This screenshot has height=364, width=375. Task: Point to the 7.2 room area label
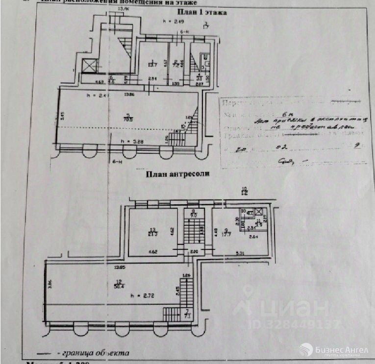pyautogui.click(x=175, y=65)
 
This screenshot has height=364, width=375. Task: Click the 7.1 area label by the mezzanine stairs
pyautogui.click(x=187, y=315)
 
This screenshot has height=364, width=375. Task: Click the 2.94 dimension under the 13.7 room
pyautogui.click(x=152, y=79)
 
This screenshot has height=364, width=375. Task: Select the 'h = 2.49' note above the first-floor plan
pyautogui.click(x=174, y=21)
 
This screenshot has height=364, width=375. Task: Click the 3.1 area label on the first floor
pyautogui.click(x=200, y=76)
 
